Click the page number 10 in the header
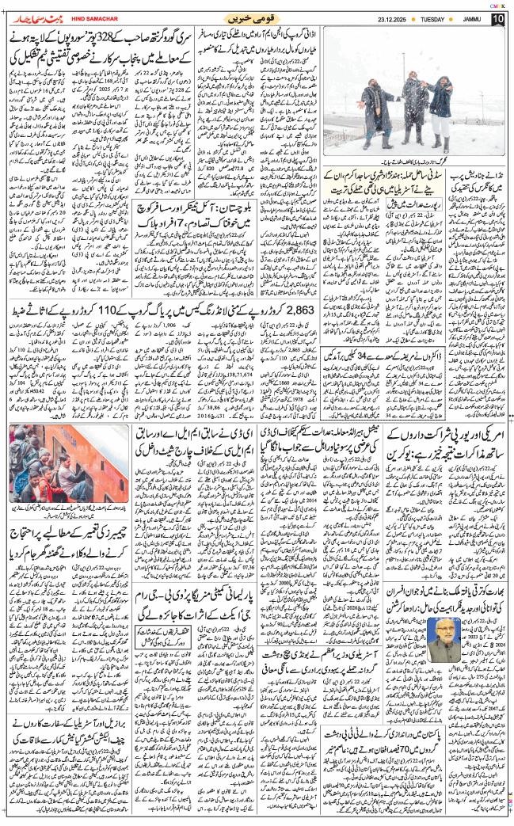tap(497, 18)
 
